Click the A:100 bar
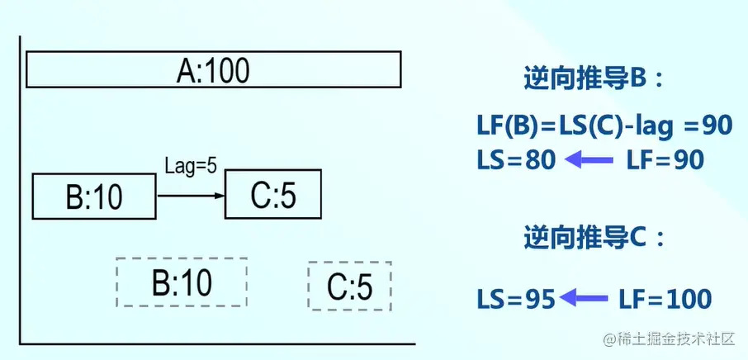point(214,69)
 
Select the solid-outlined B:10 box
point(93,197)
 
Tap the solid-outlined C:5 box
point(272,195)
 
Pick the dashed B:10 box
point(182,282)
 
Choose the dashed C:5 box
point(349,286)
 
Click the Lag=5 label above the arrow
point(191,166)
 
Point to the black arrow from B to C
point(190,196)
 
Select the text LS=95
point(516,298)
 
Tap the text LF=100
point(664,298)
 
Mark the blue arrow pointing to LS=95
point(585,299)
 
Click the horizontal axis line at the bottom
point(215,343)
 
